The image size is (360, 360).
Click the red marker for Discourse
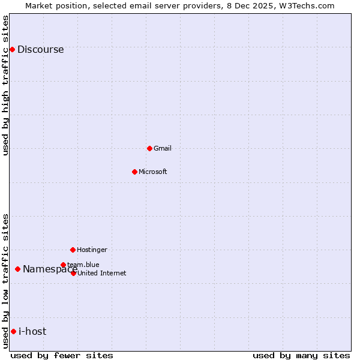pos(12,49)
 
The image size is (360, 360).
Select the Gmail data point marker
pos(149,148)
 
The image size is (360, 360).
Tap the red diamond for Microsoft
pos(134,172)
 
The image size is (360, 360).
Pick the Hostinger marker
pos(73,250)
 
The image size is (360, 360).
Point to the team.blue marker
pos(63,265)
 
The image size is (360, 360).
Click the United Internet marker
pos(73,273)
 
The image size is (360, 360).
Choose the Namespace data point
pos(17,269)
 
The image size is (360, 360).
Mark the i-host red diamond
pos(13,331)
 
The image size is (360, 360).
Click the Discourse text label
pos(40,50)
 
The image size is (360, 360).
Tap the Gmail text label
pos(163,148)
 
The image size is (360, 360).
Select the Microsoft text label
pos(153,172)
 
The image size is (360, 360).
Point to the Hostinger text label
pos(92,250)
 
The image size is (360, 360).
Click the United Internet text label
pos(102,274)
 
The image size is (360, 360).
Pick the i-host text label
pos(32,332)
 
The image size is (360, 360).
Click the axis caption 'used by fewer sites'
pos(62,355)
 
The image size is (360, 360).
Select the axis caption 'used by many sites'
pos(301,355)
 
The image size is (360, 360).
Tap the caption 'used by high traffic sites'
pos(6,85)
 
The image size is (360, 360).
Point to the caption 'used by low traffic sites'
pos(6,280)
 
